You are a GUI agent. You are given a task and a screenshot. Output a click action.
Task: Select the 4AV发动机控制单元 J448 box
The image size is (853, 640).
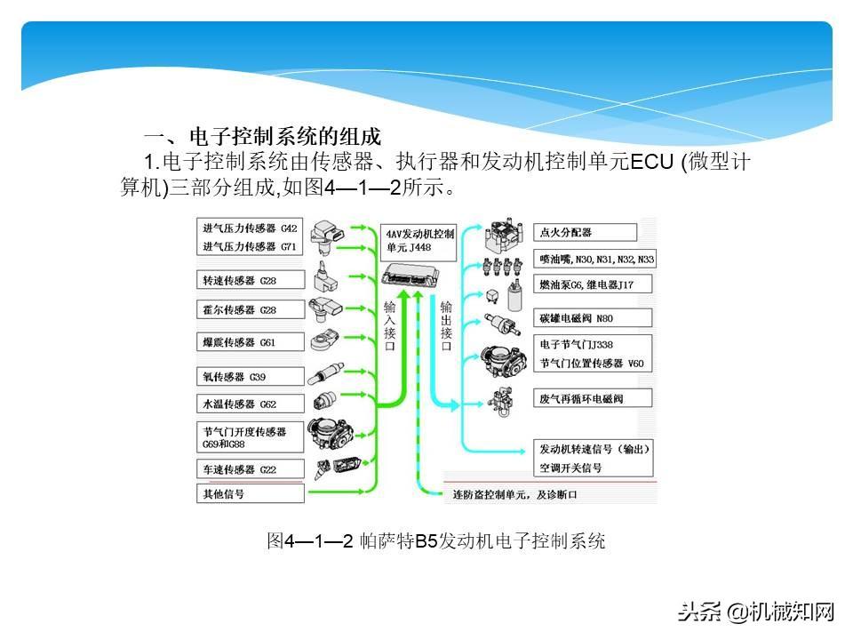click(x=419, y=241)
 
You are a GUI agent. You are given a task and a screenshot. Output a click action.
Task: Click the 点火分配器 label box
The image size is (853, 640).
click(x=586, y=233)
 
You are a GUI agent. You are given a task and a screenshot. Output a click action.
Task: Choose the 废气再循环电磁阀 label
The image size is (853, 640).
click(x=594, y=398)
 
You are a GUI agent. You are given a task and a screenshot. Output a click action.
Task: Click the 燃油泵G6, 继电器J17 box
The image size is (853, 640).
click(x=594, y=284)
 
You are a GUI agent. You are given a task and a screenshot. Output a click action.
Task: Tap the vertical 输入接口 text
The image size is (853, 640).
click(x=389, y=325)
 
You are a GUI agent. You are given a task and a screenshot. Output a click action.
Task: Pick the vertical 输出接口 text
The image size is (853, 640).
click(x=446, y=325)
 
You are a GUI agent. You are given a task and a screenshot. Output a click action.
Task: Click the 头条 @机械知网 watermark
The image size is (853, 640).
click(x=756, y=611)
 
